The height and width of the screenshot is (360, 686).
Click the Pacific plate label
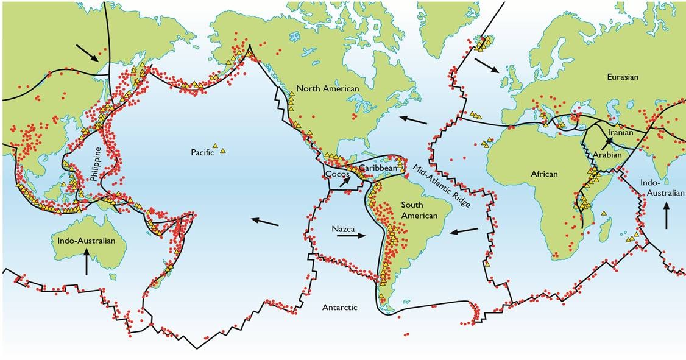201,152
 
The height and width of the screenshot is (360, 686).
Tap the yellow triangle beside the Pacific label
222,150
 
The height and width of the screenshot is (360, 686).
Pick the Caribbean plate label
378,167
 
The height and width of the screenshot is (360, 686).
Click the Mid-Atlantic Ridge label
442,188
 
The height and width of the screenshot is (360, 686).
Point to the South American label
420,210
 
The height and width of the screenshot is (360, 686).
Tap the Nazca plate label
344,229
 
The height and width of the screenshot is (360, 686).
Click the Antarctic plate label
339,308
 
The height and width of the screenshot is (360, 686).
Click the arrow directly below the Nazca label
348,239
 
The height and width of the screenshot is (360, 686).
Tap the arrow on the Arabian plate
607,143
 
